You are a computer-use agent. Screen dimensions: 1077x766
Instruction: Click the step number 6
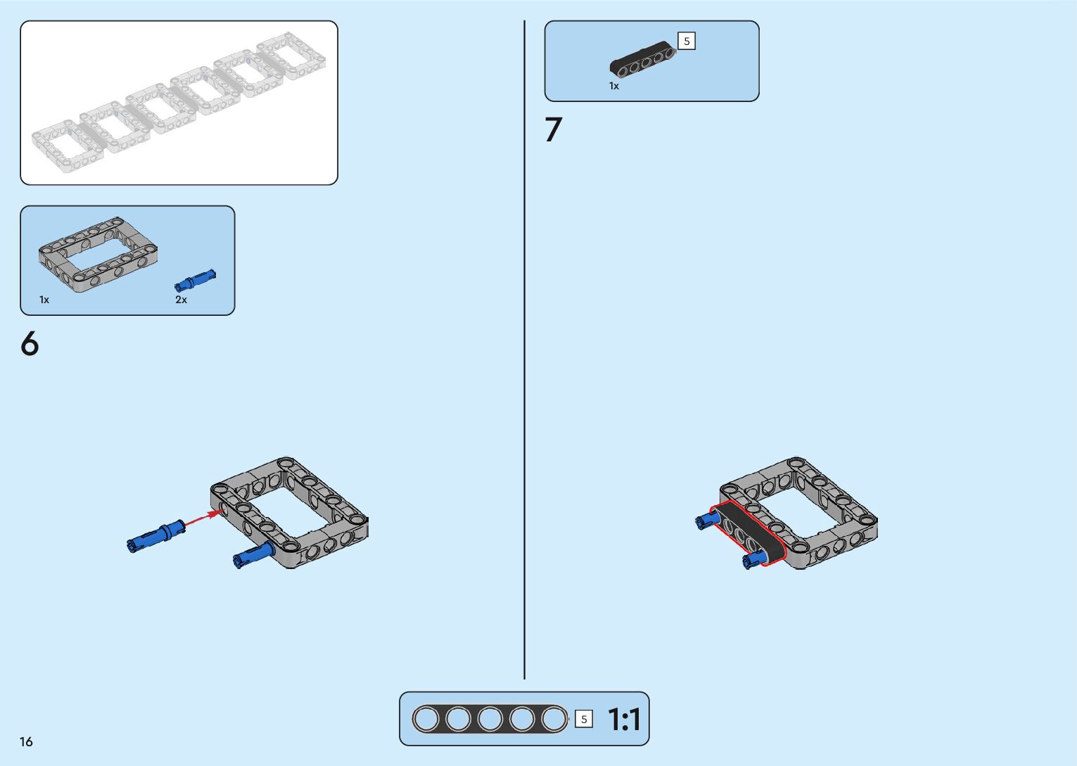coord(30,344)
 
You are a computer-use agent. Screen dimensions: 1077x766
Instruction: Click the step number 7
coord(554,130)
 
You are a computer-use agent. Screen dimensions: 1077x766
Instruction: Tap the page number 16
coord(26,741)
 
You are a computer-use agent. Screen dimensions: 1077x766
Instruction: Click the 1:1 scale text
coord(624,720)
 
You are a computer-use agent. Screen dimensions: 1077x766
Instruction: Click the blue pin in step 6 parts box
coord(195,280)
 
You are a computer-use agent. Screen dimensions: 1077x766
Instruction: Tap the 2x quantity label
coord(181,300)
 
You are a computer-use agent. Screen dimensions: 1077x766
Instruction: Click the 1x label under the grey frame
coord(44,300)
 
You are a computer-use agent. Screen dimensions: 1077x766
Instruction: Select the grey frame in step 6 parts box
coord(98,253)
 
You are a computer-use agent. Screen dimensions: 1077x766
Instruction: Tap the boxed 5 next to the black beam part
coord(687,42)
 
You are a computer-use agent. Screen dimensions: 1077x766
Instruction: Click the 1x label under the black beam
coord(614,86)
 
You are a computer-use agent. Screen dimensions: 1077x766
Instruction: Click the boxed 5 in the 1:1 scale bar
coord(584,719)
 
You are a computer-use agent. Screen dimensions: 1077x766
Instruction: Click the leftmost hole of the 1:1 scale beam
coord(426,719)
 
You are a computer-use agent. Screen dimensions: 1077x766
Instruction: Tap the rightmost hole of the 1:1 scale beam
coord(554,719)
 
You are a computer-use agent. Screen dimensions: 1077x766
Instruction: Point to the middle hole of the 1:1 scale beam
coord(490,719)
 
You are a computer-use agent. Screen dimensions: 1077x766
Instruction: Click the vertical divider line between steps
coord(525,352)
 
